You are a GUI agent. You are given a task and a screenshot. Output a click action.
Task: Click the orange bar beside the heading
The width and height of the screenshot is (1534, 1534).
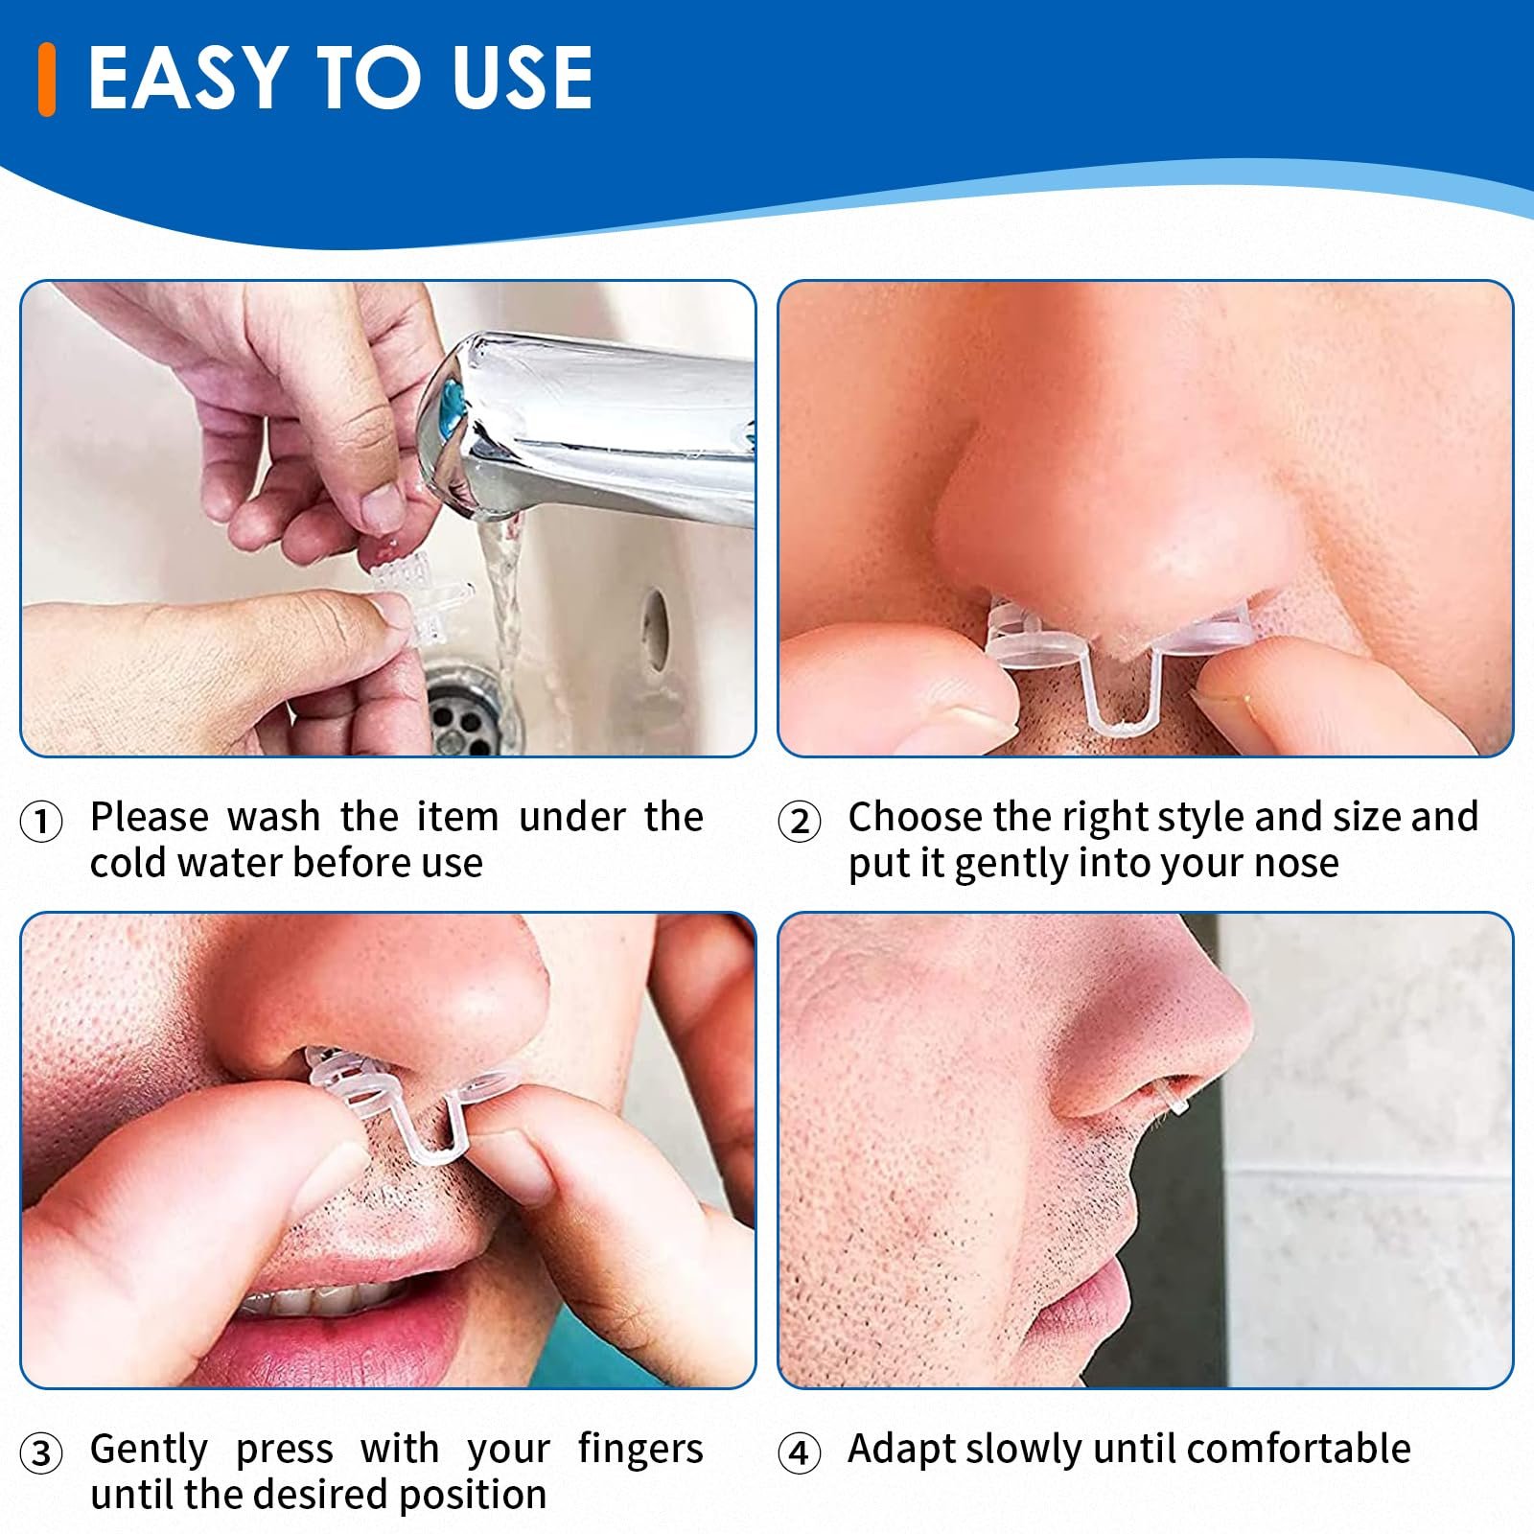[x=46, y=80]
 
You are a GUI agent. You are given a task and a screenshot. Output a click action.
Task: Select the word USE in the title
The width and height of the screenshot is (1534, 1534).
[x=522, y=78]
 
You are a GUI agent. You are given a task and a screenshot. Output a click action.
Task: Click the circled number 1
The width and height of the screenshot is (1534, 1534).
[x=41, y=822]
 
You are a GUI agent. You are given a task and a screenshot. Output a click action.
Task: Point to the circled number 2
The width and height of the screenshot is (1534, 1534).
[x=800, y=822]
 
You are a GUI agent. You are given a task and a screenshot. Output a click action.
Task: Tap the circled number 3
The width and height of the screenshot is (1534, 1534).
[x=41, y=1453]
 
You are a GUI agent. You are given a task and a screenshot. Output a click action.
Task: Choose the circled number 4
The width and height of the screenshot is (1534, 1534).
[x=800, y=1453]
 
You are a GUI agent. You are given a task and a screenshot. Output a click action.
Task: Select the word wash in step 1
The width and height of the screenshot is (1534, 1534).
[x=273, y=817]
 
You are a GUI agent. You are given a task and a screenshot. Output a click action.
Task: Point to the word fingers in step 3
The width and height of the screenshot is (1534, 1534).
[x=640, y=1450]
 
